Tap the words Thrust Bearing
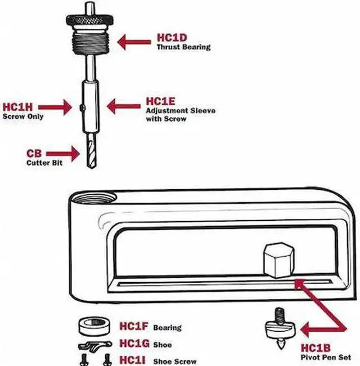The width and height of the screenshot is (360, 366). coord(183,48)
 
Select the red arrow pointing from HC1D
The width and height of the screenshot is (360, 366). coord(135,41)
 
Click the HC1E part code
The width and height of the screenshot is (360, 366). coord(161,101)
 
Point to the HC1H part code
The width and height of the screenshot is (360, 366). coord(17,107)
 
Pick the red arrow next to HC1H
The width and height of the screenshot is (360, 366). coord(56,106)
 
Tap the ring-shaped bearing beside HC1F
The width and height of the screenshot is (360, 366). coord(93,327)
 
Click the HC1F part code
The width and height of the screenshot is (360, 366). coord(133,327)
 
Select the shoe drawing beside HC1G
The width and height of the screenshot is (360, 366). coord(94,345)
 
